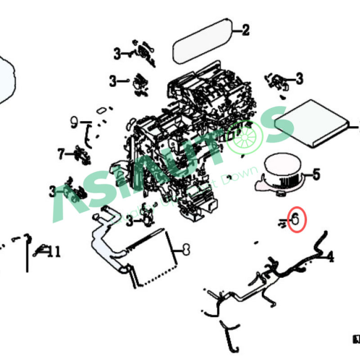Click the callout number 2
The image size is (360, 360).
[x=245, y=31]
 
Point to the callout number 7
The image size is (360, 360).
[x=62, y=154]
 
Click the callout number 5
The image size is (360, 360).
[x=316, y=174]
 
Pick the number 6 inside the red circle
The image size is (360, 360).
[x=296, y=219]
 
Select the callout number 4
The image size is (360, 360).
[x=331, y=257]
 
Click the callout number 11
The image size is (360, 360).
[x=54, y=252]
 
